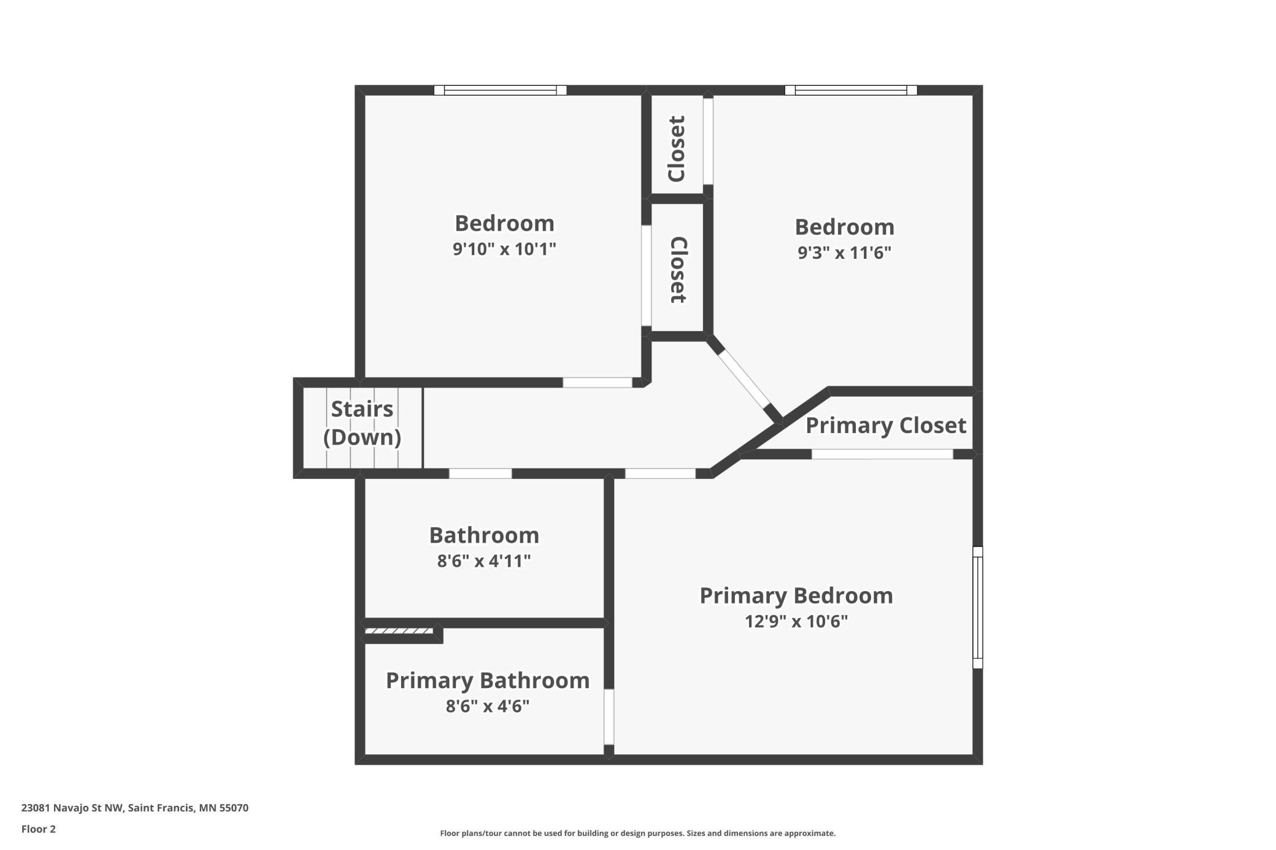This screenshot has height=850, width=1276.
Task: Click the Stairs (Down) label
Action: [362, 423]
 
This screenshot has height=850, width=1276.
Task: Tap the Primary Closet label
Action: [886, 426]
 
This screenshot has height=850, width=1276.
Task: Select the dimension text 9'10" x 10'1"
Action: [504, 249]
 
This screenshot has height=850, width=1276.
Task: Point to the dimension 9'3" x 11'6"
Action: [844, 253]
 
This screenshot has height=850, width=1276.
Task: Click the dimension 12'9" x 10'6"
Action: [796, 622]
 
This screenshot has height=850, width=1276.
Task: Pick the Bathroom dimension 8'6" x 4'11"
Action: [484, 561]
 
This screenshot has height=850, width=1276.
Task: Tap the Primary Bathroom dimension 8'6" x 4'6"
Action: [488, 706]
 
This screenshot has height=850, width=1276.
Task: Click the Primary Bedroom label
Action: [796, 596]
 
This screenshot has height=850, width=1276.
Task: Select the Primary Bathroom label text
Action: [488, 681]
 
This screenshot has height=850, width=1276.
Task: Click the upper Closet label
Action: [676, 148]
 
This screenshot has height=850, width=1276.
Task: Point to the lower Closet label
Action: [678, 270]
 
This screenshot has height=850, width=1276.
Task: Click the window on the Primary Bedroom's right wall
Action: [978, 607]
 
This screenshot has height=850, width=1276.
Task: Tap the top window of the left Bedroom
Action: [500, 90]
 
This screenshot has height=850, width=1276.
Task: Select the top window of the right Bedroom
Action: [851, 90]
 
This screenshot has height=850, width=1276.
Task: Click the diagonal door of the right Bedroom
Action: [744, 379]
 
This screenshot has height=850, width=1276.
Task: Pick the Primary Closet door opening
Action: [882, 454]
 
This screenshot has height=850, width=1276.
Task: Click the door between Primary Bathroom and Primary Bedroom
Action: [609, 717]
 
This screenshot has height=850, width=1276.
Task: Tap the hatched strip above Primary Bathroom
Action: [399, 631]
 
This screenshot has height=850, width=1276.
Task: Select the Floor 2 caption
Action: [39, 829]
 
